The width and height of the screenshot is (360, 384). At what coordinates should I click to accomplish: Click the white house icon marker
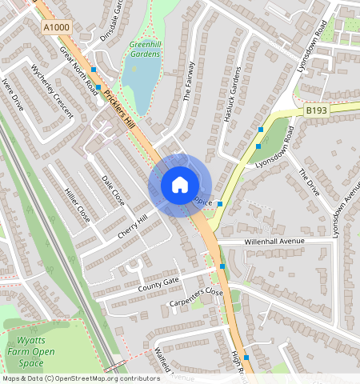(180, 185)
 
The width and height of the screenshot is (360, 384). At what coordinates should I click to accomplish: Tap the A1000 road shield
(57, 27)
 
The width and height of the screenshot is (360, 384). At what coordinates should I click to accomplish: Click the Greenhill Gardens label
(145, 49)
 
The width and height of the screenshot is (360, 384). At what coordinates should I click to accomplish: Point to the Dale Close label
(114, 191)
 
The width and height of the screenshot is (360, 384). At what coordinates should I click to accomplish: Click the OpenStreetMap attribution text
(81, 378)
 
